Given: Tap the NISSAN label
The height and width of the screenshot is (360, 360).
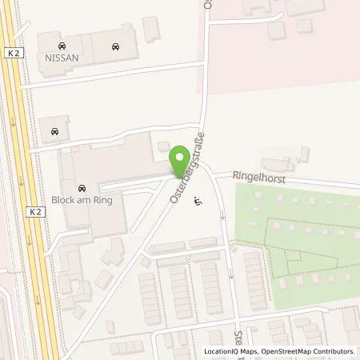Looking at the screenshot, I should coord(62,58).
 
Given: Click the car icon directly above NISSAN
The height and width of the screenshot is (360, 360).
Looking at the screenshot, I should coord(62,46).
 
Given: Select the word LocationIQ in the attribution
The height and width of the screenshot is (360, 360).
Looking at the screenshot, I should coord(220,351).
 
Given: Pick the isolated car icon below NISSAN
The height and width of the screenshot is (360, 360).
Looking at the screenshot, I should coord(54,130).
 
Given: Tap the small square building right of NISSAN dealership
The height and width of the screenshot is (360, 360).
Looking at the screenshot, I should coord(151,28).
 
